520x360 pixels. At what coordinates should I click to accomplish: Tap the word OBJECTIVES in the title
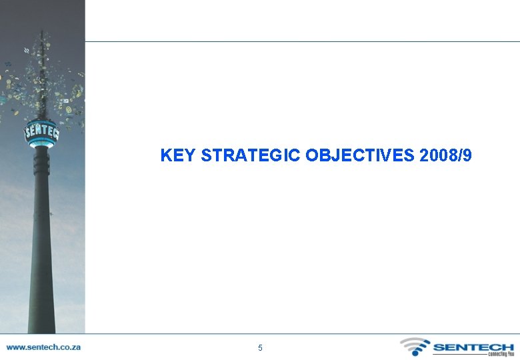click(361, 156)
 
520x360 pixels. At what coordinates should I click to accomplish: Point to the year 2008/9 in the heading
click(446, 156)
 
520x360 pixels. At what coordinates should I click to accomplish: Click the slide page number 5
click(260, 348)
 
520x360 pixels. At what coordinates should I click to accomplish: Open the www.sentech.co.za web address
click(43, 347)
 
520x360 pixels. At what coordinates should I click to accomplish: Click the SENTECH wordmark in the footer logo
click(473, 347)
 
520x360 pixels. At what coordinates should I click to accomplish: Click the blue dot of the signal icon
click(410, 352)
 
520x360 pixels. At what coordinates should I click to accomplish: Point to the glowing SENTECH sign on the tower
click(41, 131)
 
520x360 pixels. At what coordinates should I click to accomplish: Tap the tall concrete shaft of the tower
click(41, 253)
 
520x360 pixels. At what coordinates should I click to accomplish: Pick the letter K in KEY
click(166, 156)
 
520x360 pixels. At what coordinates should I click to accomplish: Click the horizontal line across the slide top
click(300, 41)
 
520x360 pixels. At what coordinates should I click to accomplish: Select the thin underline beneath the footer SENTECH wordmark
click(460, 354)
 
